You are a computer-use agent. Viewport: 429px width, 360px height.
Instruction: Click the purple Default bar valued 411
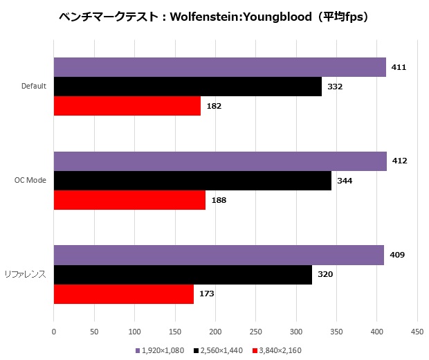[219, 67]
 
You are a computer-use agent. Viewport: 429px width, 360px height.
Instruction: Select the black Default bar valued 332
[188, 87]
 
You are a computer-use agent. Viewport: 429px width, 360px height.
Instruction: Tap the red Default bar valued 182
[127, 106]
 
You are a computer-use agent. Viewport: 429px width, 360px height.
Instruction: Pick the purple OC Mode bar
[220, 161]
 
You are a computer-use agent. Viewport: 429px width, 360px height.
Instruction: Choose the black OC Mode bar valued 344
[192, 181]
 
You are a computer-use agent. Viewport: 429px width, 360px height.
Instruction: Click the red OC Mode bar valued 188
[129, 200]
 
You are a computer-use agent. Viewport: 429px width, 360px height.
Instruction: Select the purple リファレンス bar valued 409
[219, 255]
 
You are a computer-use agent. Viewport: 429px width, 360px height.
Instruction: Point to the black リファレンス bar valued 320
[183, 274]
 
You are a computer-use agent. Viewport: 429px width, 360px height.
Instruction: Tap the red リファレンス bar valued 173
[123, 294]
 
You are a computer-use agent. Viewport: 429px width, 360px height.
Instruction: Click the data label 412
[399, 161]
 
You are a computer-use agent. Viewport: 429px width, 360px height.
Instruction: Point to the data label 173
[206, 294]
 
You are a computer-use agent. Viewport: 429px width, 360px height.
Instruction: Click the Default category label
[33, 87]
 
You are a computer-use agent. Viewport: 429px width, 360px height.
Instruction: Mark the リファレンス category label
[28, 275]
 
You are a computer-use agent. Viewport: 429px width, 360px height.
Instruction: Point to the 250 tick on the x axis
[255, 332]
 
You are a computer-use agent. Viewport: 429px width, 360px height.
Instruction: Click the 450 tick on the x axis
[417, 332]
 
